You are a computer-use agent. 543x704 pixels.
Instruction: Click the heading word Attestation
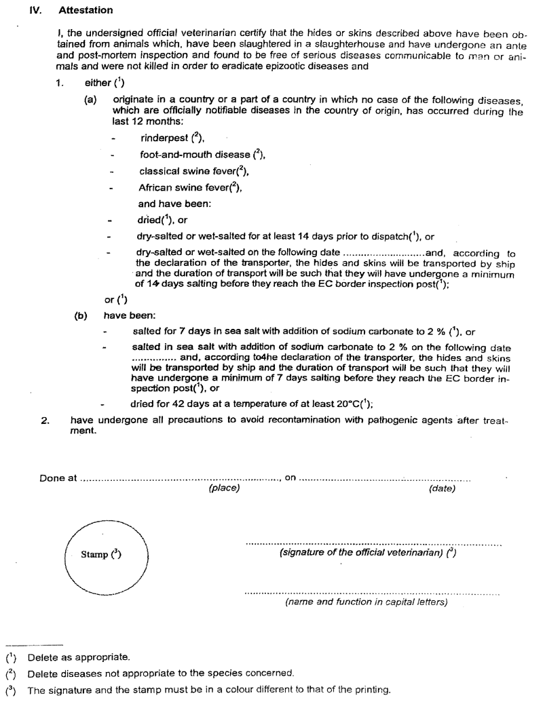pyautogui.click(x=86, y=12)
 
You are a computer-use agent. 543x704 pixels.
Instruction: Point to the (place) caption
pyautogui.click(x=224, y=488)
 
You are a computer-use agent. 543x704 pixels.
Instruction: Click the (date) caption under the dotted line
pyautogui.click(x=442, y=488)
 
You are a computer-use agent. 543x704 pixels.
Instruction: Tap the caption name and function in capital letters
pyautogui.click(x=366, y=602)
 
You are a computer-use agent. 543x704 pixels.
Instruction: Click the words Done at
pyautogui.click(x=57, y=477)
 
